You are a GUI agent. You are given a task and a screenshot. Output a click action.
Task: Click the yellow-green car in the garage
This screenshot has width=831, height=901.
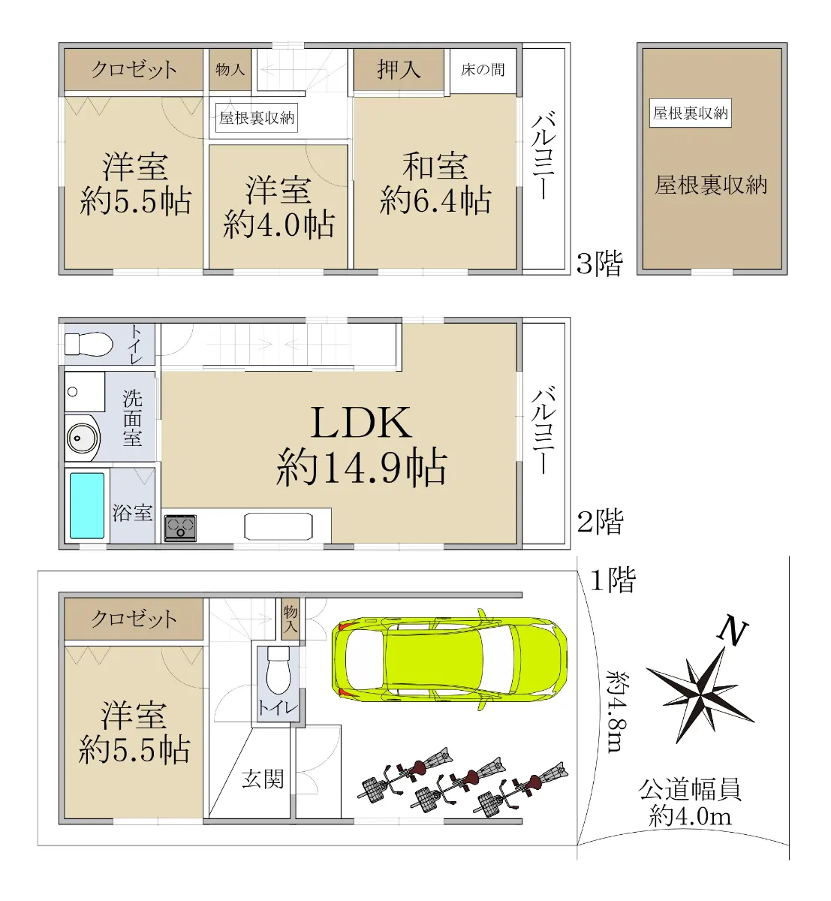tap(449, 660)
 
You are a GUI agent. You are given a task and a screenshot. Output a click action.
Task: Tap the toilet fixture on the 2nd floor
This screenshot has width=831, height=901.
tap(89, 344)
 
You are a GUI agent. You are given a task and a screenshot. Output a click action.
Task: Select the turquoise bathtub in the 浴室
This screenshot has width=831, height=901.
tap(87, 506)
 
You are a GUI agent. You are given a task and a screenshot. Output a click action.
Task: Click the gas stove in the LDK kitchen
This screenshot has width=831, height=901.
tap(180, 528)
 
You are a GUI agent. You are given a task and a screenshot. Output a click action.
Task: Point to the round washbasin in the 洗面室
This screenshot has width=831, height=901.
tap(83, 438)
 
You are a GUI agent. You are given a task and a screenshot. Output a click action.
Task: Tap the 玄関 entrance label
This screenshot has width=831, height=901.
tap(263, 779)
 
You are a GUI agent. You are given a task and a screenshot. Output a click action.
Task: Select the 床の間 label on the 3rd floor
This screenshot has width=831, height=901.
tap(483, 70)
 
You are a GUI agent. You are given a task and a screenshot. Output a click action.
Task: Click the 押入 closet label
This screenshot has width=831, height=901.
tap(399, 69)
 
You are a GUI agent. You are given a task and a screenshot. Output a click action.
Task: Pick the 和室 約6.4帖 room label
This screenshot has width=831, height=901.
tap(435, 184)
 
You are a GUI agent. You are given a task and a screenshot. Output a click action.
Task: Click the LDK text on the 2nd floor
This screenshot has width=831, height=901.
tap(362, 423)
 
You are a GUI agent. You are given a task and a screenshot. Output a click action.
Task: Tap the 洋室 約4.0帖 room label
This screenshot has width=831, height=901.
tap(279, 207)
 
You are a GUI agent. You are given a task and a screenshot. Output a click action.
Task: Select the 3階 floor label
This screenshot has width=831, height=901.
tap(600, 263)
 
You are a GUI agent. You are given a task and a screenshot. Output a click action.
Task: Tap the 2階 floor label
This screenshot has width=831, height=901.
tap(600, 522)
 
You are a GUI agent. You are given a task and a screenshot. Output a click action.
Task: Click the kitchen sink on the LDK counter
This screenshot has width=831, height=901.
tap(278, 526)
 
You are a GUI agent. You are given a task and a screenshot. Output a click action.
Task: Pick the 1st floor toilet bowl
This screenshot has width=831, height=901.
tap(278, 670)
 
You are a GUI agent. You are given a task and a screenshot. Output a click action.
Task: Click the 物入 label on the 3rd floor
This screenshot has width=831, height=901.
tap(230, 69)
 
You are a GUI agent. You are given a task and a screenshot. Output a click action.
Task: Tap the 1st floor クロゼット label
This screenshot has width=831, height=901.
tap(134, 619)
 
